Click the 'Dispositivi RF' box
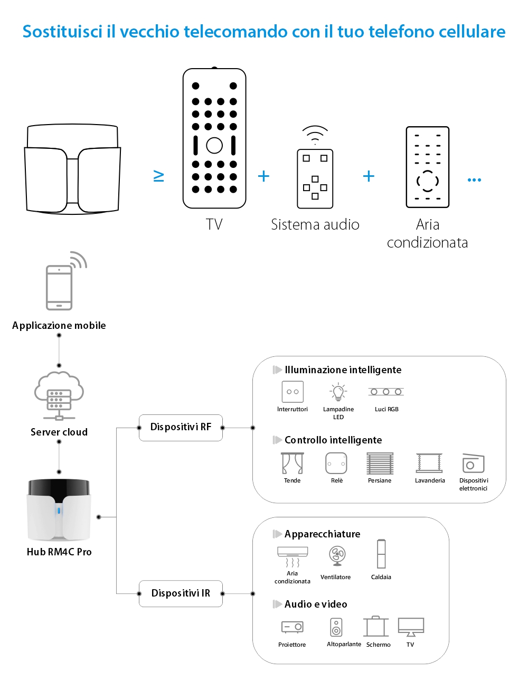(x=181, y=427)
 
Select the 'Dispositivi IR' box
(x=181, y=593)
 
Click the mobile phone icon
(x=60, y=287)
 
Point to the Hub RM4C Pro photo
(x=59, y=510)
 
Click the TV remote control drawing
(x=214, y=138)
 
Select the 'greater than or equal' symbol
(x=158, y=176)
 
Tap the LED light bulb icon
(x=338, y=392)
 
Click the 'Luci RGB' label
(x=386, y=409)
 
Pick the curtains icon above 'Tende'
(x=292, y=464)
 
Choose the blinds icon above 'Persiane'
(x=380, y=464)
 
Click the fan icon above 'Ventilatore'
(x=337, y=555)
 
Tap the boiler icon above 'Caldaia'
(x=381, y=554)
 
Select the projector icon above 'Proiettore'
(x=292, y=627)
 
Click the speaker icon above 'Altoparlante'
(x=336, y=627)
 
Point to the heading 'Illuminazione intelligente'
(x=343, y=370)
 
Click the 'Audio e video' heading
(x=316, y=604)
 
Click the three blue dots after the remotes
(x=474, y=180)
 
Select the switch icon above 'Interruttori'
(x=293, y=392)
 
